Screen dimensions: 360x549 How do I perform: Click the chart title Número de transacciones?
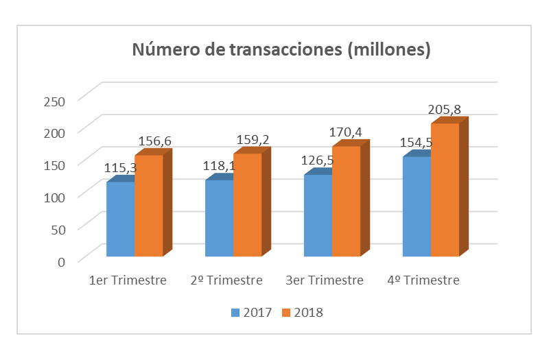tap(281, 50)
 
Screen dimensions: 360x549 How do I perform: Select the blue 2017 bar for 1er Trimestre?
tap(120, 219)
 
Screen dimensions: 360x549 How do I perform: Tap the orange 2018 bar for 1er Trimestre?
tap(148, 206)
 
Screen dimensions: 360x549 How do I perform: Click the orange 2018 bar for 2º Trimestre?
tap(247, 205)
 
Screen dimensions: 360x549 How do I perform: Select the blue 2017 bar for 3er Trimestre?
tap(318, 216)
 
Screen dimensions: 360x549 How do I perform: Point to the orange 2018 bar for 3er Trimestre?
tap(346, 202)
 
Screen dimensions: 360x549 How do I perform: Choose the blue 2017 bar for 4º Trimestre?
tap(417, 207)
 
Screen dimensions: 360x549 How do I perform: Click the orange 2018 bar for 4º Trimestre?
tap(445, 190)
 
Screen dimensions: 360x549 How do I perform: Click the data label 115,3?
tap(120, 168)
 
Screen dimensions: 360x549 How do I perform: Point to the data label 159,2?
tap(253, 139)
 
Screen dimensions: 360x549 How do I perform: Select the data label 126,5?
tap(318, 162)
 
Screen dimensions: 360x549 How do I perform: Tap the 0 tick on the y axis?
tap(61, 261)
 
